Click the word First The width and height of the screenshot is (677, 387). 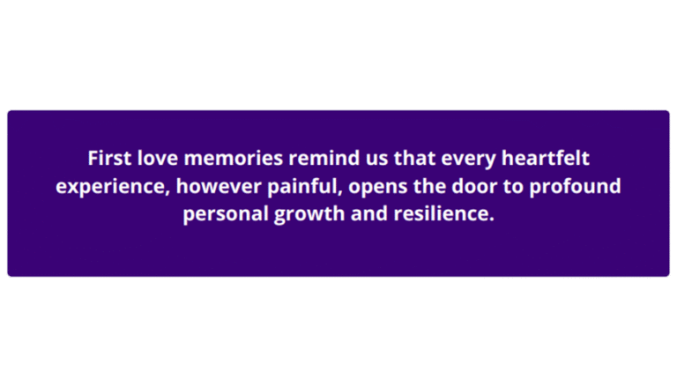click(x=108, y=159)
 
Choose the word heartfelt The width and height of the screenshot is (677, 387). click(x=546, y=159)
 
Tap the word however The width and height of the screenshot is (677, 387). click(x=204, y=187)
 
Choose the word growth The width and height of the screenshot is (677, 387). click(x=300, y=215)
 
